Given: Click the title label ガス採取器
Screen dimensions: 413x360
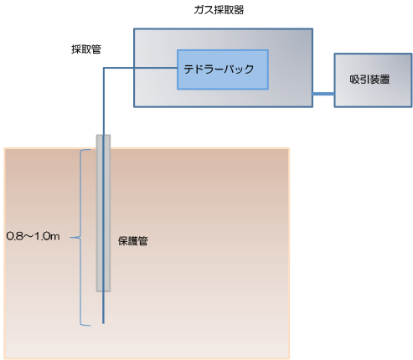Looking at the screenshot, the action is (219, 10).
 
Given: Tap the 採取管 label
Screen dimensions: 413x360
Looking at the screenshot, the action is (86, 49).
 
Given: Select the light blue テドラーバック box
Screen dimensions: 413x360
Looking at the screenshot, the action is (223, 69).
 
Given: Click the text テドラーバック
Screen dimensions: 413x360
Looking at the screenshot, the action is (219, 69).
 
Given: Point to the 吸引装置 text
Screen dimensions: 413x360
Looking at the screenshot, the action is (369, 80).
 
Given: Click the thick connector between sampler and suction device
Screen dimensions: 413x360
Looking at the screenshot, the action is (323, 94).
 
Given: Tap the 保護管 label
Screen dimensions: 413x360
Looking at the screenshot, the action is (132, 241).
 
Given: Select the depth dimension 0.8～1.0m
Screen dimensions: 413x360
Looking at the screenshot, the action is (33, 236).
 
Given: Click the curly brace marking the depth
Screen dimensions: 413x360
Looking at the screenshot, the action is (80, 238).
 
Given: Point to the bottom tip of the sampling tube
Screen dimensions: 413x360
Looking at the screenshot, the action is (103, 323).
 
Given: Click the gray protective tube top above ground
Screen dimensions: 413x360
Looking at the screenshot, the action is (103, 141).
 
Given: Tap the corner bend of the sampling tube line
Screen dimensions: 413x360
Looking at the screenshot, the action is (104, 68).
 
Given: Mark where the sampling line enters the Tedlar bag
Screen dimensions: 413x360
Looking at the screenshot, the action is (178, 68).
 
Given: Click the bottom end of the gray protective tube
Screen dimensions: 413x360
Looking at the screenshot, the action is (103, 291).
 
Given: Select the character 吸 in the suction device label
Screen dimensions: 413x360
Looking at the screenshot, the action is (354, 80).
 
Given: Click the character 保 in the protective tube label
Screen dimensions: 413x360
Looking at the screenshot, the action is (123, 241).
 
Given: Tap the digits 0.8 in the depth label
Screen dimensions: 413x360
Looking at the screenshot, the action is (14, 236).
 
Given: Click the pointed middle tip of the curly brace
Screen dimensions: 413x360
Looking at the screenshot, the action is (70, 238).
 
